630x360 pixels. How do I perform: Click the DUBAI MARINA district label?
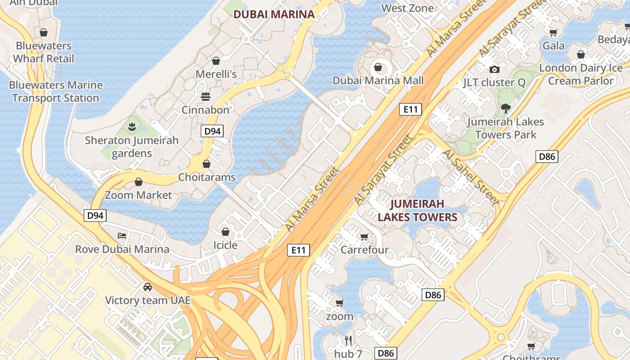(x=274, y=14)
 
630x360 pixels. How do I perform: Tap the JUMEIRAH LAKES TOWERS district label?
(x=417, y=211)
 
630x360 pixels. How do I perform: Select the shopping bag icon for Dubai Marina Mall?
(x=378, y=67)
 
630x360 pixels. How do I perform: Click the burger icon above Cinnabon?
(x=206, y=97)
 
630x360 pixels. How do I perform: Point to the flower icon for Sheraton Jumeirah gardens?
(x=132, y=127)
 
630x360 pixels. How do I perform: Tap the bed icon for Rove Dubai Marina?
(x=122, y=236)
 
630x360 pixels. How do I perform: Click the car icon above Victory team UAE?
(x=147, y=287)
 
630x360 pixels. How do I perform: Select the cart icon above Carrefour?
(x=364, y=237)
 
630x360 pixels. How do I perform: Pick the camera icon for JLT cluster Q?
(x=494, y=69)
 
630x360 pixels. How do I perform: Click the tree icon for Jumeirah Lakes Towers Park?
(x=505, y=108)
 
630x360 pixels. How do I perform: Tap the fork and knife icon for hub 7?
(x=348, y=340)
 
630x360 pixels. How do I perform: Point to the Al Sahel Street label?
(x=471, y=177)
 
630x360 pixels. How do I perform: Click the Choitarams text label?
(x=207, y=177)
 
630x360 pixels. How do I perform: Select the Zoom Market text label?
(x=138, y=195)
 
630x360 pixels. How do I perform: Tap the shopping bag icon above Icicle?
(x=225, y=232)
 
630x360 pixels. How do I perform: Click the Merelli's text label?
(x=216, y=74)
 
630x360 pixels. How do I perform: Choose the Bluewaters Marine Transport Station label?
(x=56, y=91)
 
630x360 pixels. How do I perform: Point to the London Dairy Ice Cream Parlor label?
(x=580, y=74)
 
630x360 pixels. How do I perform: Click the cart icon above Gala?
(x=553, y=32)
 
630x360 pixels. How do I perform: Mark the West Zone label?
(x=407, y=8)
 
